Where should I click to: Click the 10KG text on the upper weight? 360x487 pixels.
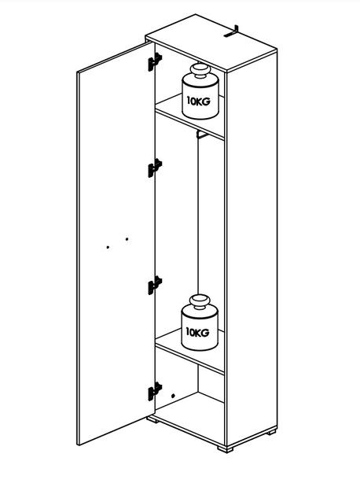pos(198,101)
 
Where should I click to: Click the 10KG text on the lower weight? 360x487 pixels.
pos(197,332)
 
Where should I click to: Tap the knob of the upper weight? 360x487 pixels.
pos(200,70)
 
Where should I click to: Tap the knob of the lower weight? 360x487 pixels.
pos(200,301)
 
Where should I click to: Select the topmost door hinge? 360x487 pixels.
pos(155,62)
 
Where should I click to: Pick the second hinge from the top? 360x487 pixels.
pos(155,168)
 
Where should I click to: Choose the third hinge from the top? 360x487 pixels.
pos(155,285)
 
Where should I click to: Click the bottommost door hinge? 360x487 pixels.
pos(155,391)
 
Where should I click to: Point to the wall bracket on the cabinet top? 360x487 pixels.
pos(232,31)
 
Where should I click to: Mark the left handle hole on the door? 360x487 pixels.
pos(108,247)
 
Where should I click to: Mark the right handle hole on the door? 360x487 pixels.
pos(127,239)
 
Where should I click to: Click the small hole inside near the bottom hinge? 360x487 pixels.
pos(173,396)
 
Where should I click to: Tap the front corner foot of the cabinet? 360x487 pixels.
pos(225,449)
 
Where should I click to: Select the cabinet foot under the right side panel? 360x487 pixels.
pos(271,432)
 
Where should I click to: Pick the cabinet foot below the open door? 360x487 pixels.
pos(153,419)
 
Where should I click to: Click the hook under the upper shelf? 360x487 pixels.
pos(202,135)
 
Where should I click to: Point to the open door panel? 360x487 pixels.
pos(116,244)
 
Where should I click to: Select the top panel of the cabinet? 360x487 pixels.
pos(211,43)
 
